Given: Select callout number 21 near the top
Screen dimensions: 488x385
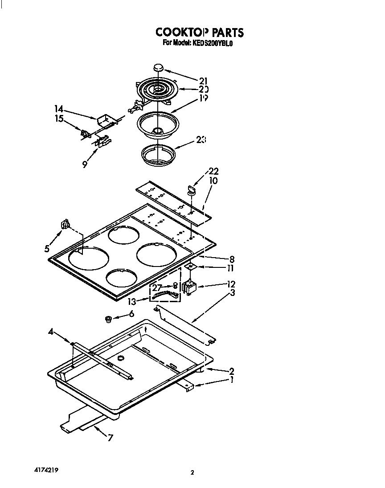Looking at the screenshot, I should [204, 81].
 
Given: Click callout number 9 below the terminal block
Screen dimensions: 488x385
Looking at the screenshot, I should [85, 164].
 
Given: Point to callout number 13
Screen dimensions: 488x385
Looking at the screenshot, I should [131, 302].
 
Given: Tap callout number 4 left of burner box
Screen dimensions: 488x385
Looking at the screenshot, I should [51, 332].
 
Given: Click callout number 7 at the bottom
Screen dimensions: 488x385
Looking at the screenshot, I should [110, 438].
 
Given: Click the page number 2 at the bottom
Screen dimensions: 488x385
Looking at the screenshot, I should [192, 473].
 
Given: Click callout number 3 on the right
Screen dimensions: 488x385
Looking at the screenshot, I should [233, 293].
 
